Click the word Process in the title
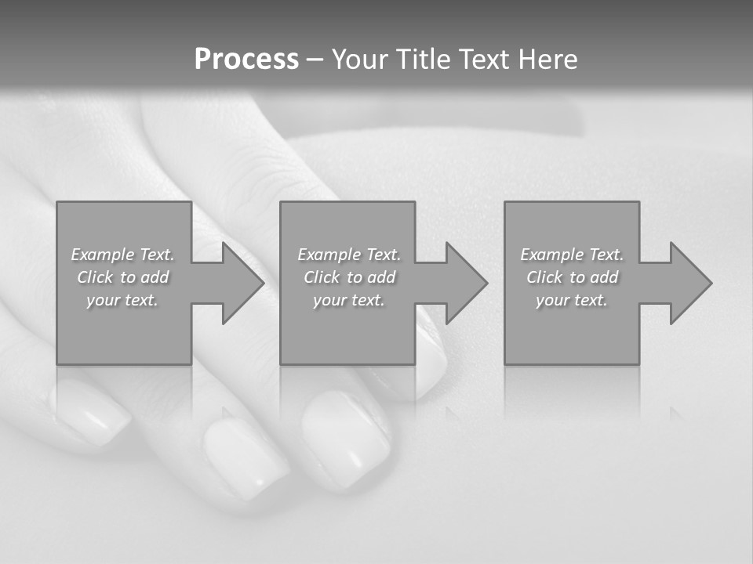(246, 60)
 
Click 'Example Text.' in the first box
(123, 255)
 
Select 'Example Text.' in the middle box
(349, 255)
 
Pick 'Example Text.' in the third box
(572, 255)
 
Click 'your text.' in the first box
(123, 300)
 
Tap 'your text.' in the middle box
(349, 300)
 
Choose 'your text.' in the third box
(572, 300)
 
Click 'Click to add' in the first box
(123, 277)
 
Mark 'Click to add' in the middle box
(349, 277)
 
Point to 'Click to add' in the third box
(572, 277)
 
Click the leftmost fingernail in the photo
(90, 411)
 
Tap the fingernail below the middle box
(345, 435)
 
